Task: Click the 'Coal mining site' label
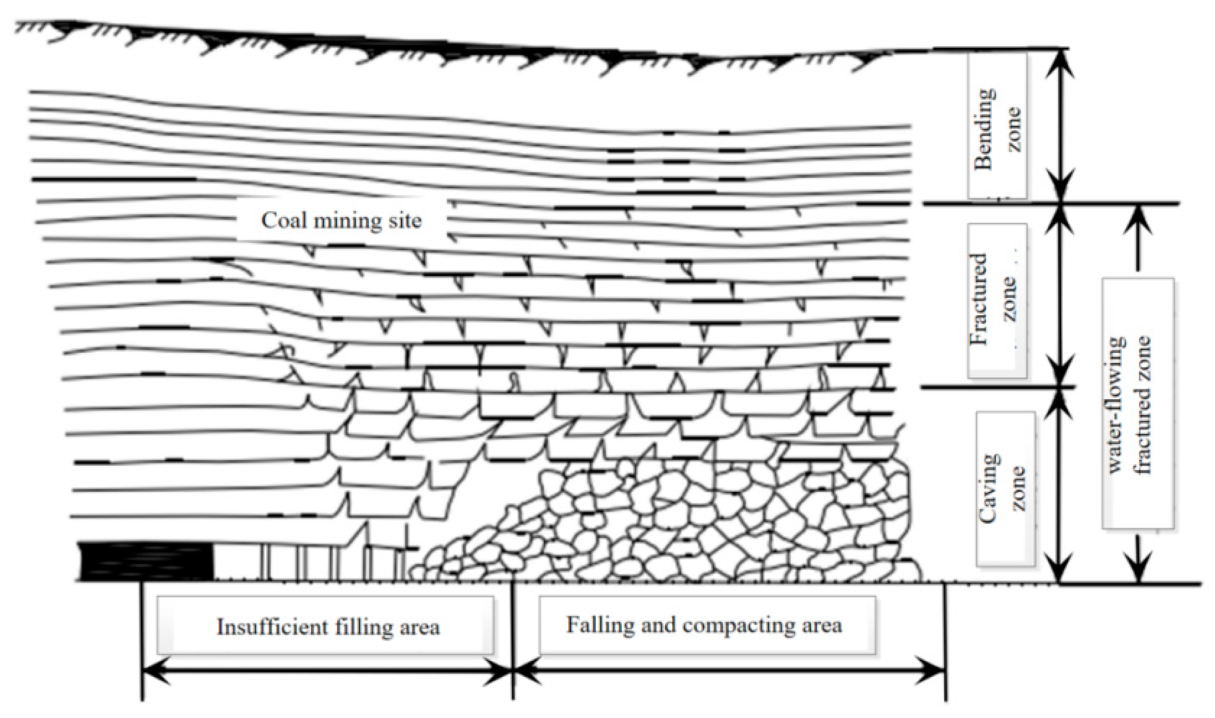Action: coord(341,221)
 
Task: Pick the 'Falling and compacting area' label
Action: coord(704,625)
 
